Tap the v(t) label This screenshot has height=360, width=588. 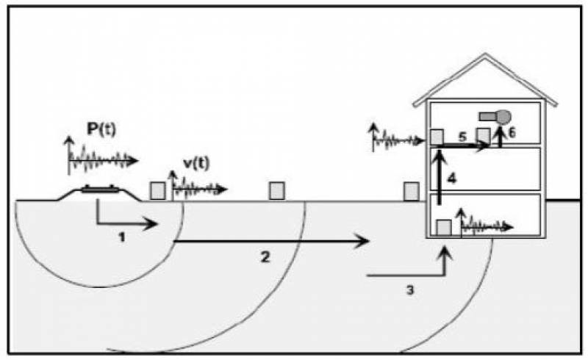[x=194, y=165]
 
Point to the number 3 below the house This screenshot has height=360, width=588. [x=409, y=289]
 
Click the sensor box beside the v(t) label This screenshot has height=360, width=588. [x=157, y=190]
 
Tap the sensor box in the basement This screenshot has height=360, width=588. [x=443, y=228]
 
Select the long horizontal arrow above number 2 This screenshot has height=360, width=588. [x=271, y=240]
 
